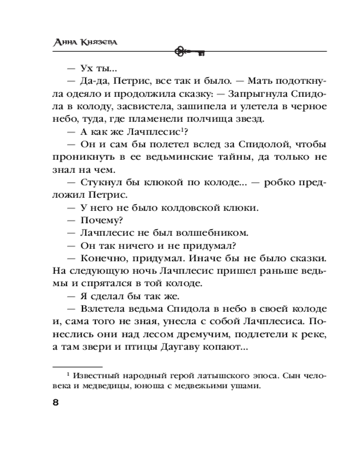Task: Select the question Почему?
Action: (102, 220)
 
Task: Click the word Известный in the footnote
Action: (99, 375)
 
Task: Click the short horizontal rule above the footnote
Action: (77, 366)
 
